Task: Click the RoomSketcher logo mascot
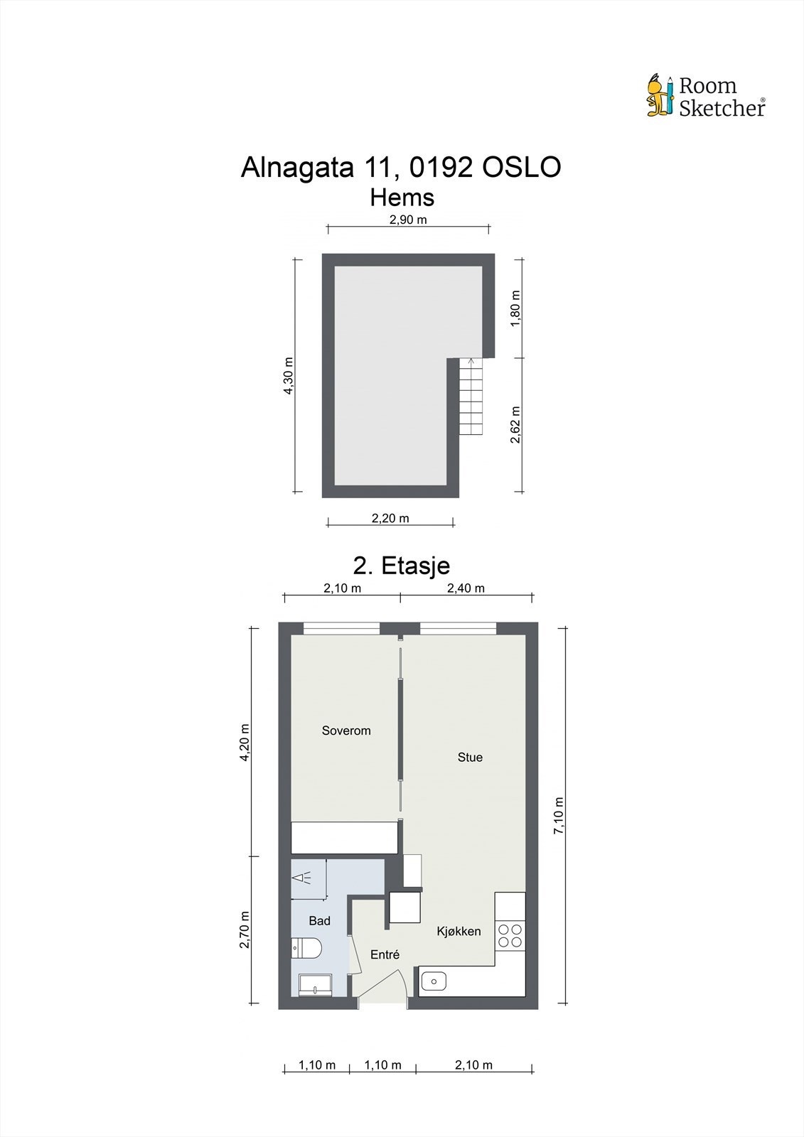(x=660, y=95)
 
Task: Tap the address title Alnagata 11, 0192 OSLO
(x=401, y=168)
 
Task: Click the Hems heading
(x=402, y=197)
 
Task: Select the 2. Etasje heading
(x=402, y=566)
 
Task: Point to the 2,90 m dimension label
(x=408, y=220)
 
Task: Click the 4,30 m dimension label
(x=288, y=375)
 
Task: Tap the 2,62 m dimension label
(x=516, y=424)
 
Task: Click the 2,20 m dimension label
(x=390, y=518)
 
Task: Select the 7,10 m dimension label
(x=559, y=815)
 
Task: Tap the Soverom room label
(x=346, y=731)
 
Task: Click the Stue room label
(x=470, y=758)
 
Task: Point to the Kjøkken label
(x=459, y=931)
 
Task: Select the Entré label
(x=385, y=955)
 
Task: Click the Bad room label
(x=319, y=921)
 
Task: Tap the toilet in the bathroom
(x=307, y=947)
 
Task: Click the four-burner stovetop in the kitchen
(x=510, y=935)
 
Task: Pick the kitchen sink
(x=433, y=981)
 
